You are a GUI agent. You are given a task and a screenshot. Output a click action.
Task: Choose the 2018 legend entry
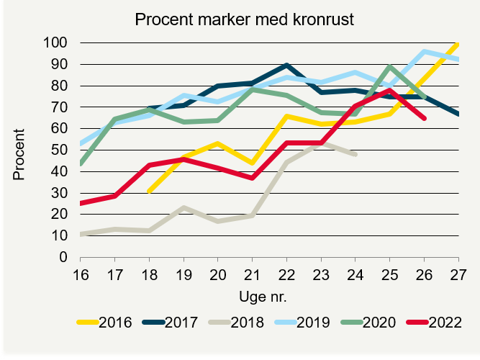(x=247, y=322)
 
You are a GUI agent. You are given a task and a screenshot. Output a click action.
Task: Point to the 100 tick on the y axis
(x=55, y=43)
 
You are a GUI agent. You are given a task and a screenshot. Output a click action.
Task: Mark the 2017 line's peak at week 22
(x=286, y=66)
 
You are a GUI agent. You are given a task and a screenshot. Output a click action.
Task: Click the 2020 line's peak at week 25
(x=390, y=67)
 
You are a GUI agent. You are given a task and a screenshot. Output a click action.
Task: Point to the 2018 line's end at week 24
(x=356, y=154)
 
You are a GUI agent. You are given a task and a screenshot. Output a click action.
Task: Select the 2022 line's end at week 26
(x=425, y=118)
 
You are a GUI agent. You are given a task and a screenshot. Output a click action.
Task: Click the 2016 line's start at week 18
(x=148, y=192)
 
